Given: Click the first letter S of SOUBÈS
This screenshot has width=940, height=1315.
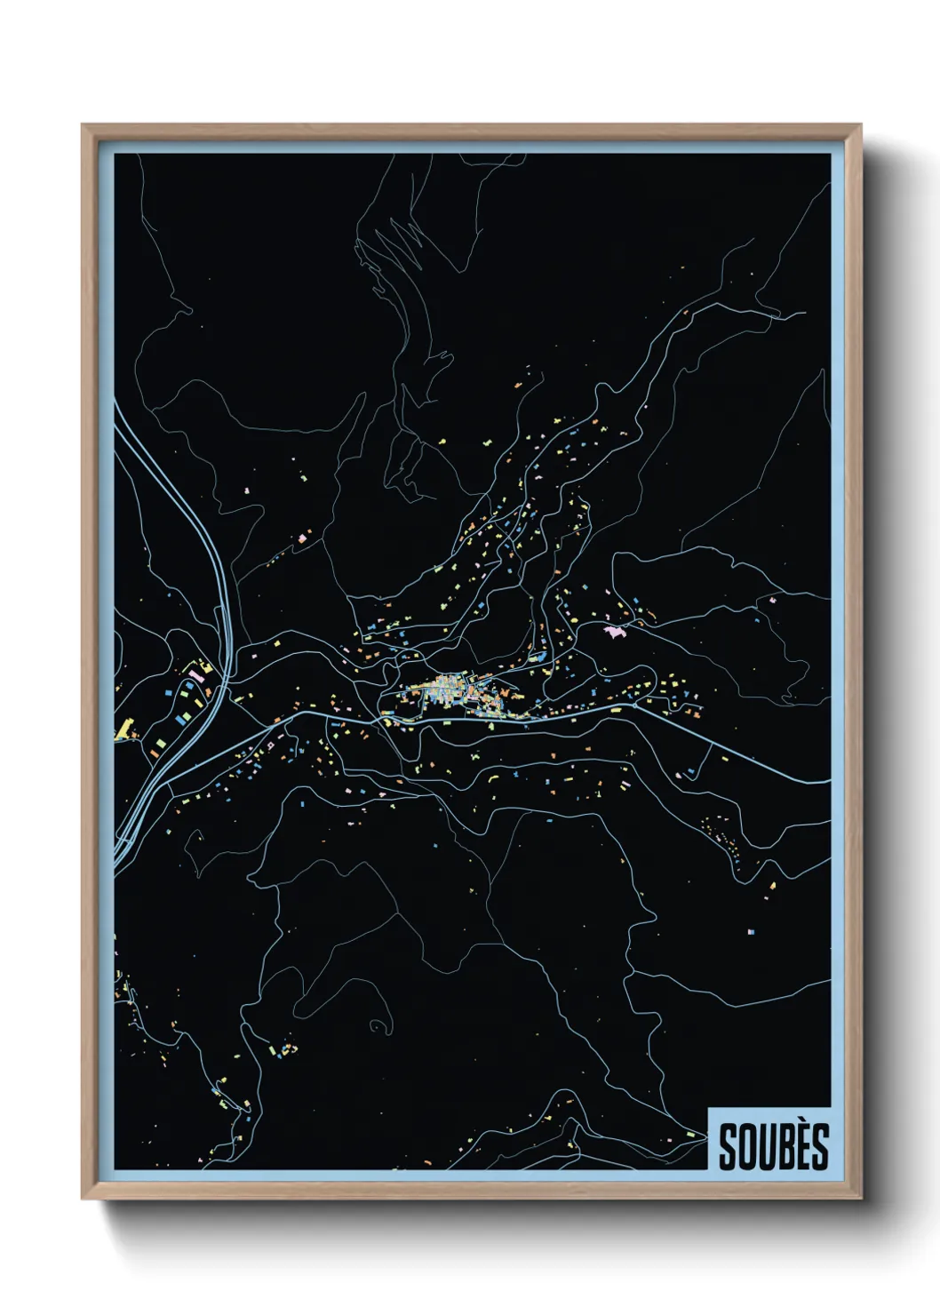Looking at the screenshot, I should (727, 1147).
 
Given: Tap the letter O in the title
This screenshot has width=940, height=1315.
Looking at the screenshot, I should (745, 1147).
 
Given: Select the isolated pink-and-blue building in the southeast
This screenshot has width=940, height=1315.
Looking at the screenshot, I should (751, 932).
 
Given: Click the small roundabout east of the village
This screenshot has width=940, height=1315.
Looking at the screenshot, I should (661, 704).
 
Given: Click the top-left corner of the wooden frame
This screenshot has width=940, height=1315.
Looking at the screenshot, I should (84, 126).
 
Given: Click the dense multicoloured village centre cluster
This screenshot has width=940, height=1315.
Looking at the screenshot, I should (449, 691).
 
